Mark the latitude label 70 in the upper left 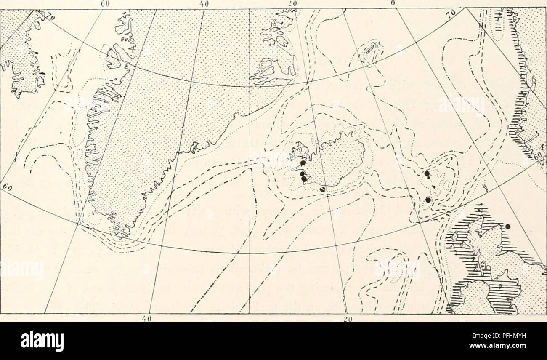(x=51, y=19)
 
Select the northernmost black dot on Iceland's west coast (x=303, y=163)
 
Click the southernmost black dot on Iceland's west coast (x=304, y=179)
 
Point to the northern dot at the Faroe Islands (x=427, y=173)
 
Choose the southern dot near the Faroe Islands (x=428, y=200)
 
